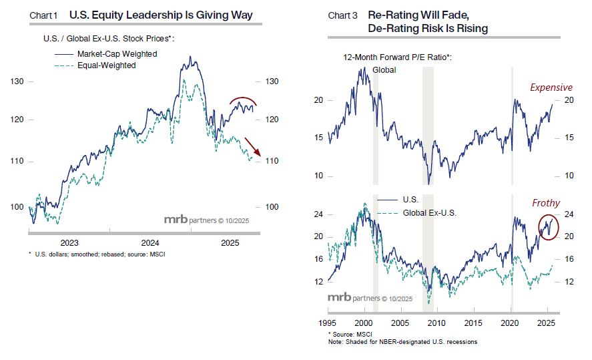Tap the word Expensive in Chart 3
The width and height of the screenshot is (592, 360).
tap(551, 87)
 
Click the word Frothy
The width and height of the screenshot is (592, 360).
tap(546, 203)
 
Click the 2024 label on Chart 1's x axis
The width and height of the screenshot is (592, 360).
tap(150, 243)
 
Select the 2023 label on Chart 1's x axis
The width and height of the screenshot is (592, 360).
tap(69, 243)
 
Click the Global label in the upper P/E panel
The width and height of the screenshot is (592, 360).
tap(384, 69)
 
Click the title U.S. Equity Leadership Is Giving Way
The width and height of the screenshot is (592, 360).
tap(161, 15)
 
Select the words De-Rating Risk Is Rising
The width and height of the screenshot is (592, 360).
tap(427, 28)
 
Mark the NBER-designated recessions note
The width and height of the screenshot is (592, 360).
tap(402, 342)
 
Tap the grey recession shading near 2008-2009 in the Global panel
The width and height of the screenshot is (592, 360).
tap(428, 127)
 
